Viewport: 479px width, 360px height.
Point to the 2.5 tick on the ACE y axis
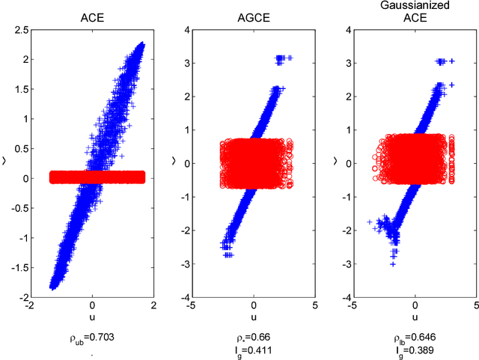tap(22, 30)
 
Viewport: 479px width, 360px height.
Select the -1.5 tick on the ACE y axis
tap(19, 266)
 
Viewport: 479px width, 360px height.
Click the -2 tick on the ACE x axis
tap(30, 306)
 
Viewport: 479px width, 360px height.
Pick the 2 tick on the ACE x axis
tap(154, 306)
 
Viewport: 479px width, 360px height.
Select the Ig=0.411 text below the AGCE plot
tap(254, 350)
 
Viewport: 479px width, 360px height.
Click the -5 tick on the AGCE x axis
tap(192, 306)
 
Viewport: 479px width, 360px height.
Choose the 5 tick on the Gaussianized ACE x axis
tap(476, 306)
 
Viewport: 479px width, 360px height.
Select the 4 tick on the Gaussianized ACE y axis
tap(347, 30)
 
